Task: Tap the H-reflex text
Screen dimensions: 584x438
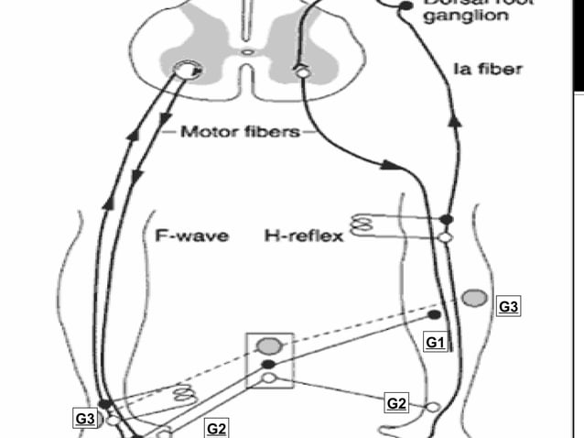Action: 304,236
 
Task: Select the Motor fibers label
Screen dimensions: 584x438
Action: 240,131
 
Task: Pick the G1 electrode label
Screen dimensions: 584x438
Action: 436,342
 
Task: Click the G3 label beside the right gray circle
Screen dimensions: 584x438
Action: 509,307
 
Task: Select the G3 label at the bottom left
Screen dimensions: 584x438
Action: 85,419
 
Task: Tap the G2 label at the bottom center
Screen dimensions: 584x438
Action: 217,428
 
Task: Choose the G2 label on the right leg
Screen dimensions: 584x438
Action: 396,402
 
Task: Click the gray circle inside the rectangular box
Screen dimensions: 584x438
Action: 269,345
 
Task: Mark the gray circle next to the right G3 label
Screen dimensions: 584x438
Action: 474,297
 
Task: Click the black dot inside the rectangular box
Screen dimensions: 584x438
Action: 268,364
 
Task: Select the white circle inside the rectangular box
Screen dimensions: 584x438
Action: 268,378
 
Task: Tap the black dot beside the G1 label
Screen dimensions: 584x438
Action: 434,315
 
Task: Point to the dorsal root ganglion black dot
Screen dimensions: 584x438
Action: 404,6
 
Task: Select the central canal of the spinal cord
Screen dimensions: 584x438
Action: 247,52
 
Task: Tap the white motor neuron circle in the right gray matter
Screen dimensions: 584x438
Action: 299,70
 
